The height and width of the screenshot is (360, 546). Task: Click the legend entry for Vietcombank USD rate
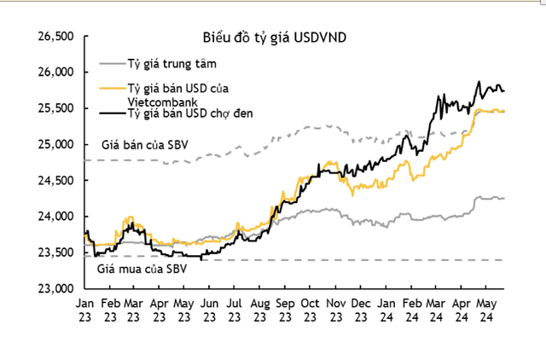pyautogui.click(x=178, y=94)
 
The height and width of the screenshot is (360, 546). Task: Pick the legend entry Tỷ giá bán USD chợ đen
pyautogui.click(x=185, y=113)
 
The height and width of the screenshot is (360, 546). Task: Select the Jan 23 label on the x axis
pyautogui.click(x=84, y=309)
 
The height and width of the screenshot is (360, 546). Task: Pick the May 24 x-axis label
pyautogui.click(x=485, y=309)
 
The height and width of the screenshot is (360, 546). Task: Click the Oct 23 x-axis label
pyautogui.click(x=310, y=309)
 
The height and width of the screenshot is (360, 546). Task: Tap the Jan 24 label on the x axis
pyautogui.click(x=386, y=309)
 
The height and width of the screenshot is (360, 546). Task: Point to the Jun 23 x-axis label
pyautogui.click(x=211, y=309)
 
